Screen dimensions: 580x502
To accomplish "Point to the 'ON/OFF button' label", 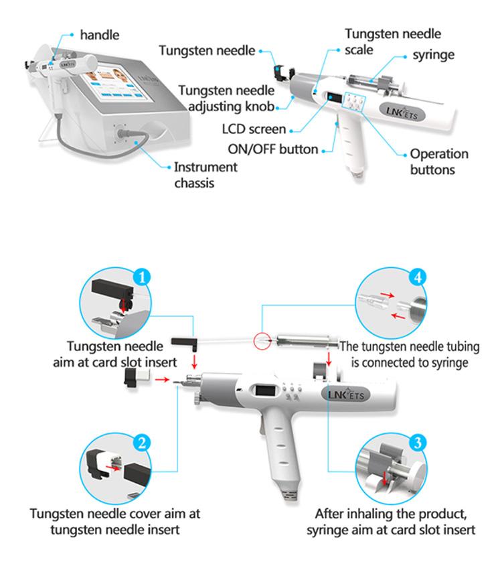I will (280, 149).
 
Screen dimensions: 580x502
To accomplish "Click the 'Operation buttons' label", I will (439, 161).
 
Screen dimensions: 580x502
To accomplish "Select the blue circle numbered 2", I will (141, 441).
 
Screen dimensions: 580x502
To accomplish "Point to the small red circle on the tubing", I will (260, 341).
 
